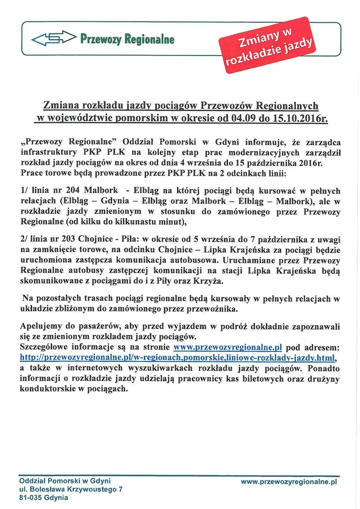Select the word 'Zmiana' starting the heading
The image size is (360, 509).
click(60, 106)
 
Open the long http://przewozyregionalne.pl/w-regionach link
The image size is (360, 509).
click(178, 358)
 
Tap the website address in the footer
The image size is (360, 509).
click(289, 482)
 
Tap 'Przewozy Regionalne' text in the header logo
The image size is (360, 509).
click(127, 40)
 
